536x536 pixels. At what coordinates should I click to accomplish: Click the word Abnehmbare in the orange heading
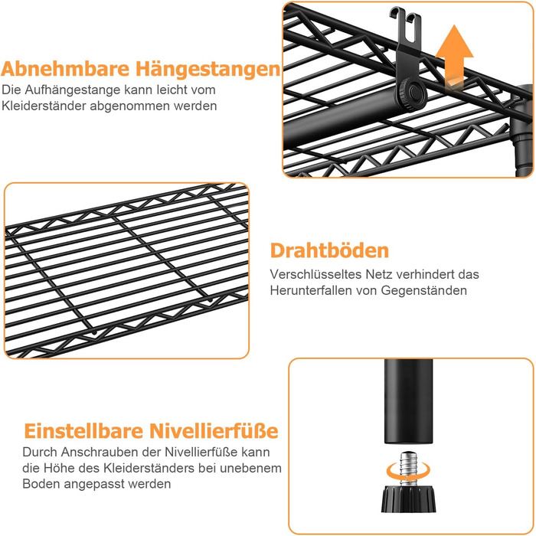point(65,68)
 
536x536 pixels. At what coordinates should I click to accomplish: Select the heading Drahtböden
point(329,250)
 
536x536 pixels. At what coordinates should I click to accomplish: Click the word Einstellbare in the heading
point(83,430)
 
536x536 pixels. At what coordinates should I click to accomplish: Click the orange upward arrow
point(455,58)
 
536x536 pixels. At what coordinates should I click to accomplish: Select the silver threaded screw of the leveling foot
point(408,469)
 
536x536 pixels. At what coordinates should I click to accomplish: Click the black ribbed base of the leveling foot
point(408,499)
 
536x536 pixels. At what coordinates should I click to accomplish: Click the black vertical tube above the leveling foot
point(408,402)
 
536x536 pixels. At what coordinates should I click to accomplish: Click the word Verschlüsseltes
point(315,274)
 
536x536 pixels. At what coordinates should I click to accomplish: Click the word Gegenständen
point(424,291)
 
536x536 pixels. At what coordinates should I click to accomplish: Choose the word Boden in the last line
point(41,484)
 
